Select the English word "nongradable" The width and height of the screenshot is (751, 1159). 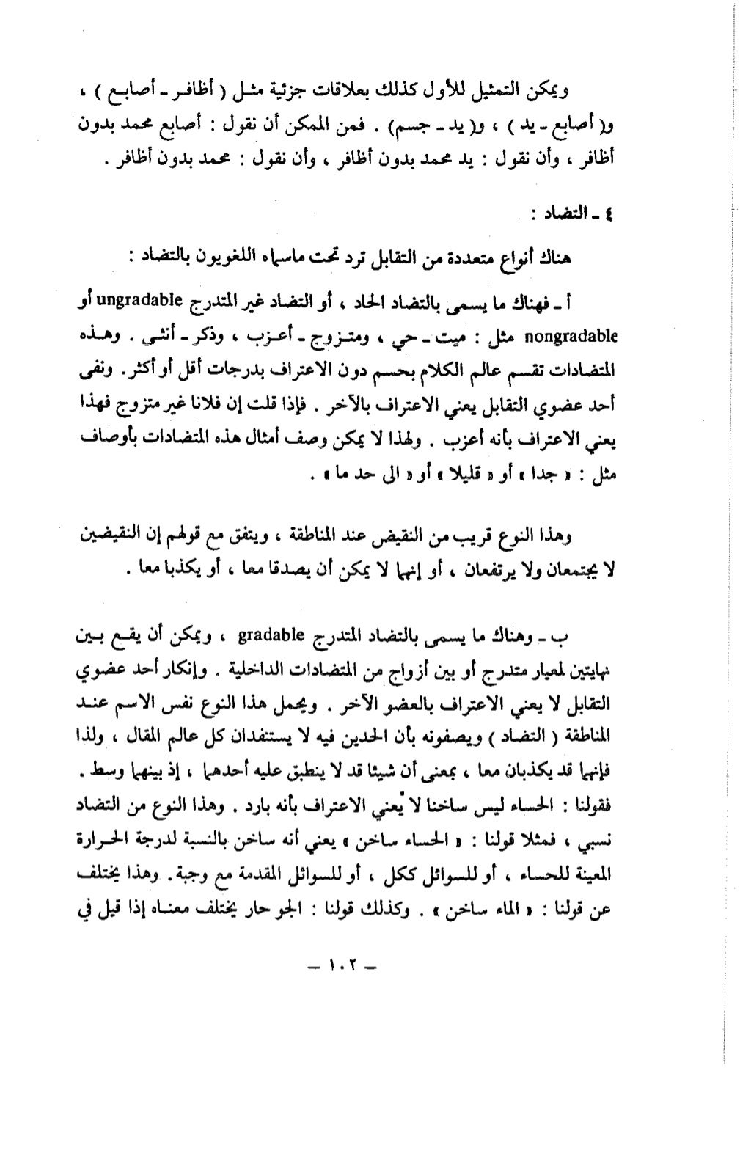coord(571,337)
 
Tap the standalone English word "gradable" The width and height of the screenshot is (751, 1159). coord(269,635)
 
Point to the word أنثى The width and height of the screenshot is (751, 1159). coord(159,337)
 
